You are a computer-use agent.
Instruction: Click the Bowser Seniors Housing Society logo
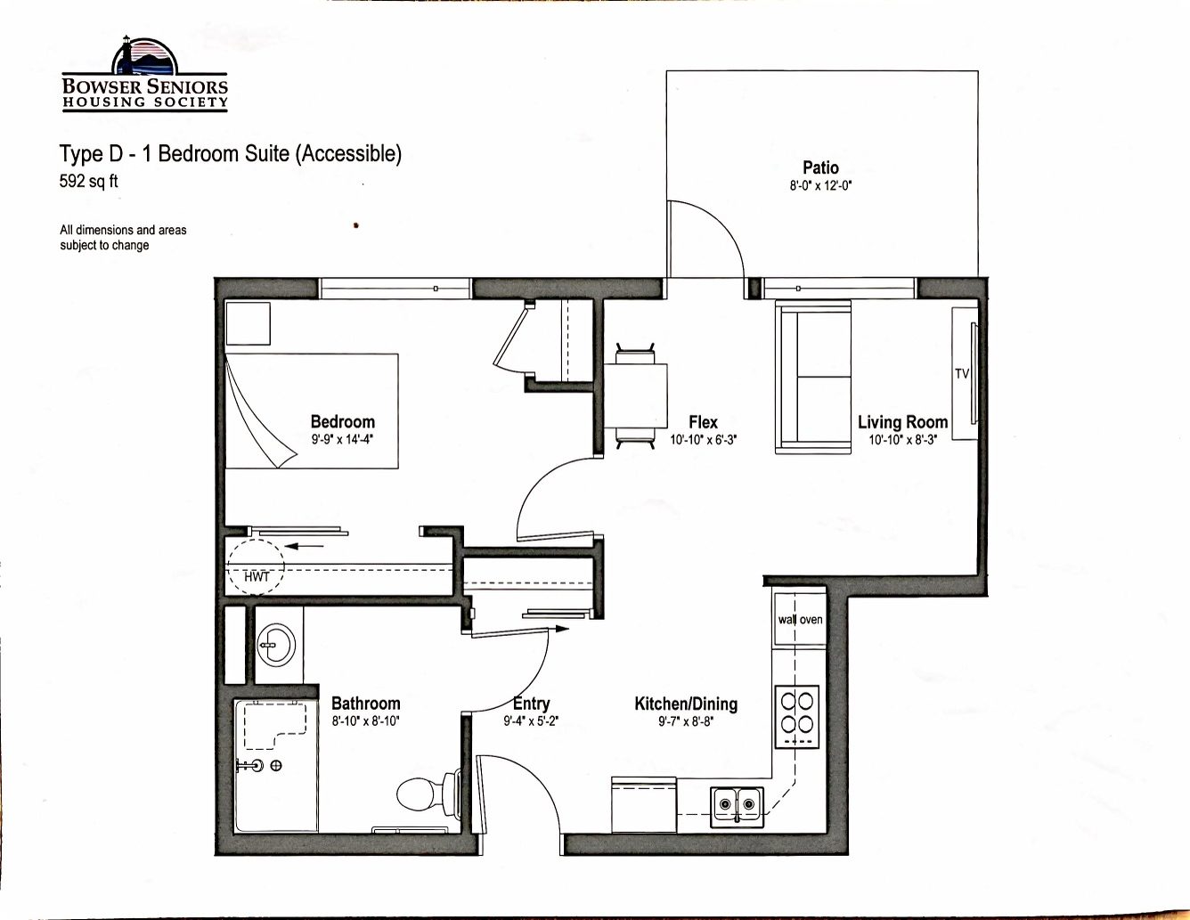point(144,74)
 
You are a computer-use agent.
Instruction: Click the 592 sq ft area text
point(89,181)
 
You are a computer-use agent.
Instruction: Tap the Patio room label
point(820,167)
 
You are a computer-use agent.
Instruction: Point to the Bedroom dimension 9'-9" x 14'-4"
point(342,439)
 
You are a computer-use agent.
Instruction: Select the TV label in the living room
point(962,373)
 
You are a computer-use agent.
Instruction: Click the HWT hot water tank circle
point(256,567)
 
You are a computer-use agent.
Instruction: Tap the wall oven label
point(800,619)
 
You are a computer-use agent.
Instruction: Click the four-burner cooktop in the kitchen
point(797,717)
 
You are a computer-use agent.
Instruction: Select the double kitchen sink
point(738,807)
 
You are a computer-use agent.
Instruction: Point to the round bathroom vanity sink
point(276,645)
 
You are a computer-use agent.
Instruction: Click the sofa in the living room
point(813,377)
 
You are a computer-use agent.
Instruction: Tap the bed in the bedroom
point(312,411)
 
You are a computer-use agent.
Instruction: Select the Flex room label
point(703,422)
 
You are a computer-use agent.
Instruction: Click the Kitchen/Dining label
point(686,704)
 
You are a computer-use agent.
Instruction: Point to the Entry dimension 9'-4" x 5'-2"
point(531,721)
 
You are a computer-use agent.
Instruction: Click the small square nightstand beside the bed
point(249,323)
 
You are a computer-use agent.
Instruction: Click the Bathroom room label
point(366,704)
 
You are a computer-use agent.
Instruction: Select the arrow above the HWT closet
point(304,545)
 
